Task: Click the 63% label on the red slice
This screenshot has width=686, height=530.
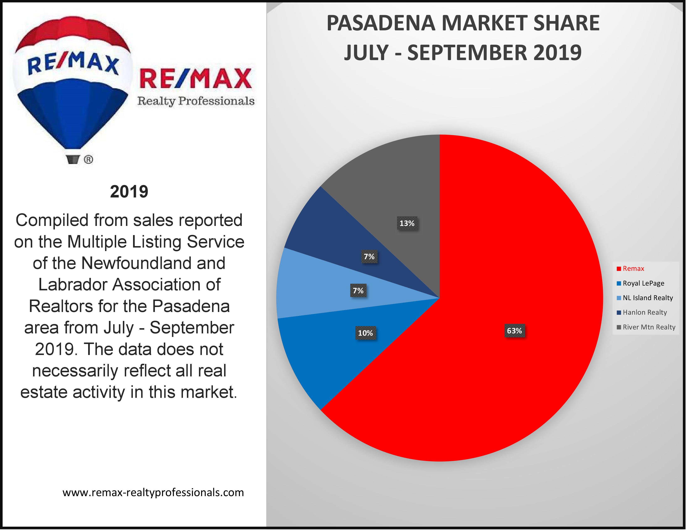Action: click(x=514, y=331)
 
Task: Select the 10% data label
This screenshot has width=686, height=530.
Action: click(x=365, y=333)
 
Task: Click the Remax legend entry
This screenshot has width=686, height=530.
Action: click(x=633, y=269)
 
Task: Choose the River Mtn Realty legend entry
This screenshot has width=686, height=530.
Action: click(x=649, y=327)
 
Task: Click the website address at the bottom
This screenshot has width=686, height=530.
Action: click(x=153, y=492)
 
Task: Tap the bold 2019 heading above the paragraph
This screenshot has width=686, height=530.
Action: click(x=129, y=192)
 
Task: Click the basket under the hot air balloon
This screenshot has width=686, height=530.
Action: click(x=73, y=159)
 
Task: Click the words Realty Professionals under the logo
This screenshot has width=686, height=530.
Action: click(x=196, y=101)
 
